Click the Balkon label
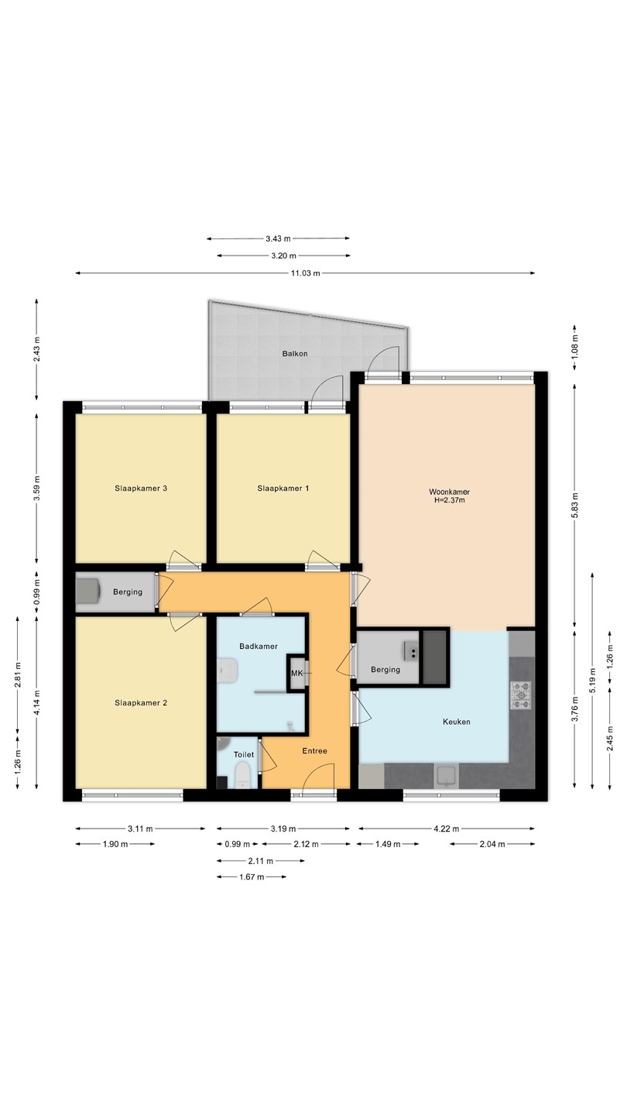tap(295, 354)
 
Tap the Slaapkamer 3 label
tap(141, 489)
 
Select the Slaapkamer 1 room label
tap(283, 489)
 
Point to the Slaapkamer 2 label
tap(141, 703)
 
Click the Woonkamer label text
tap(449, 492)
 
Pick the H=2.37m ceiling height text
tap(449, 500)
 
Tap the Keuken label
tap(457, 722)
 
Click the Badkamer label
tap(259, 647)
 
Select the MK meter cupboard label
tap(296, 674)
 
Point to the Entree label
tap(314, 750)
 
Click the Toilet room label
tap(244, 755)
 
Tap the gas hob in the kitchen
tap(521, 695)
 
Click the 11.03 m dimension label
tap(306, 273)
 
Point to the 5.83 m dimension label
tap(574, 505)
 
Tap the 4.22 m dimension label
tap(447, 829)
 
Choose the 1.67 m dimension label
tap(252, 877)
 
